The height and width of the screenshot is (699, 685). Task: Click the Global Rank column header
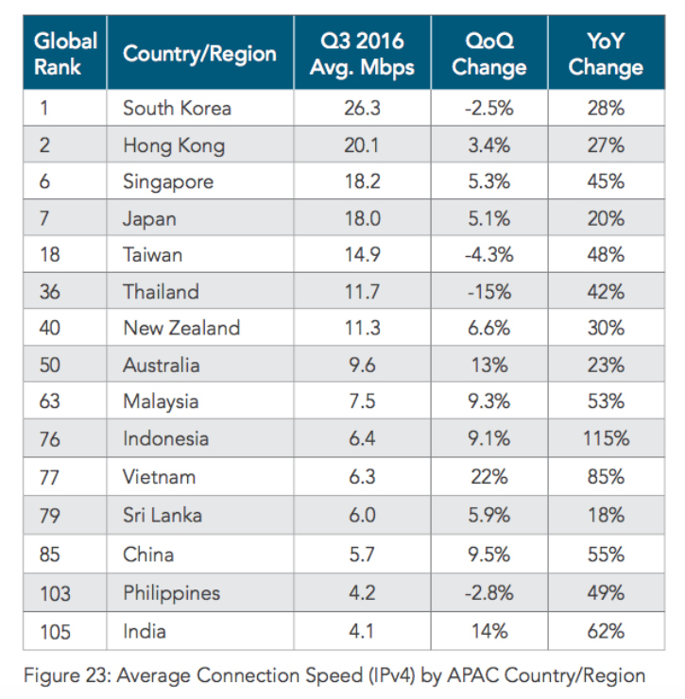pos(65,54)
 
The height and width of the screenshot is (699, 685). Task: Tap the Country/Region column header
pos(199,54)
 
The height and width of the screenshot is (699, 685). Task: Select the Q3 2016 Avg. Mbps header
pos(363,54)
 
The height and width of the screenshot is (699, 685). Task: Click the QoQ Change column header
pos(488,54)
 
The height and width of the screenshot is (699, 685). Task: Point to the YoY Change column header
pos(605,54)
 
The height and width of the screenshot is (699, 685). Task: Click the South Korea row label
pos(177,109)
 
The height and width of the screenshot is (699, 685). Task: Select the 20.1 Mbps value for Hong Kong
pos(363,145)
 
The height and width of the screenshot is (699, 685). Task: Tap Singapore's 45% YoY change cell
pos(605,181)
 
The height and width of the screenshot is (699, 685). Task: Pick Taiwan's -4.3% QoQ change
pos(488,255)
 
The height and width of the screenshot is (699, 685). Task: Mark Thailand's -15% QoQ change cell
pos(488,292)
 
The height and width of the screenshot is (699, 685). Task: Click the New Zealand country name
pos(181,329)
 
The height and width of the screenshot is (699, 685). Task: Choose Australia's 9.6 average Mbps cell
pos(363,366)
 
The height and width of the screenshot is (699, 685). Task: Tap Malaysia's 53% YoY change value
pos(605,401)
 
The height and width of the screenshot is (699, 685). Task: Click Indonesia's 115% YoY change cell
pos(605,438)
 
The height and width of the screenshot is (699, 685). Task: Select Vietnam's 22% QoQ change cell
pos(488,475)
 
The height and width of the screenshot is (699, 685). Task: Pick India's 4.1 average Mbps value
pos(363,630)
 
